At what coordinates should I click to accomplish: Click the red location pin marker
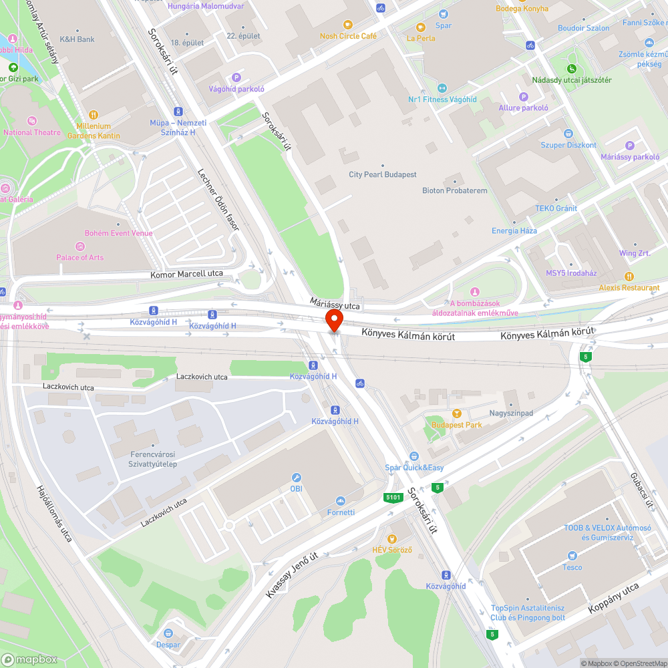[333, 320]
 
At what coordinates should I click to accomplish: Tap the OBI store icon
[297, 478]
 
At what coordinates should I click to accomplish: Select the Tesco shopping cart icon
[572, 556]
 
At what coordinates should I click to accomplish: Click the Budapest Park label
[457, 425]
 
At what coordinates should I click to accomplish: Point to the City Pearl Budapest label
[383, 174]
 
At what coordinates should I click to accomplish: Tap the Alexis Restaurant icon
[629, 276]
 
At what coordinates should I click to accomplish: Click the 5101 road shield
[393, 497]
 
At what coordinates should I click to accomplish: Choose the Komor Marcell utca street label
[186, 274]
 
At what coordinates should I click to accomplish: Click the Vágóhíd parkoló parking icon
[236, 77]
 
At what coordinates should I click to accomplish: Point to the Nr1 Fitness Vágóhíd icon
[442, 88]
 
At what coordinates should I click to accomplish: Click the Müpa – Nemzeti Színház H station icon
[178, 112]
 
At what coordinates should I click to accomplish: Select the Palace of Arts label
[80, 257]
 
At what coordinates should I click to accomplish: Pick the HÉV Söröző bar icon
[392, 538]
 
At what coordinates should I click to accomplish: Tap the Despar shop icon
[168, 633]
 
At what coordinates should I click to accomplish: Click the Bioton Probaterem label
[455, 190]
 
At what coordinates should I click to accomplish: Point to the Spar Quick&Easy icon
[414, 456]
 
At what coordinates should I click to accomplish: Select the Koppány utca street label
[613, 599]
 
